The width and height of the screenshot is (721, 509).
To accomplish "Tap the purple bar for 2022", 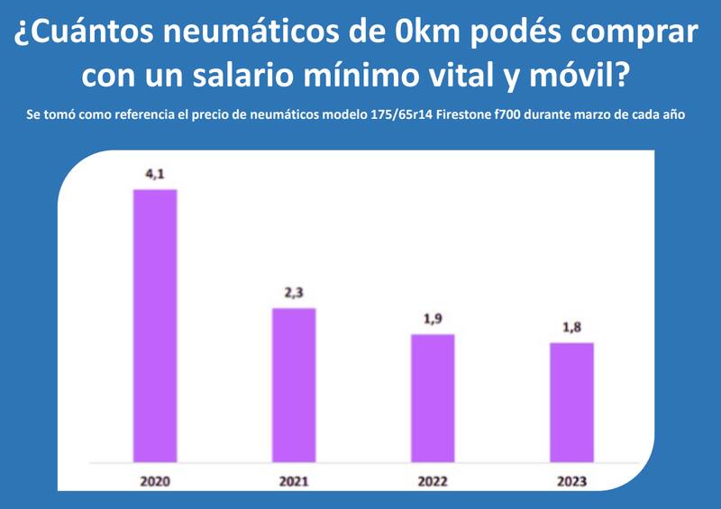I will [x=433, y=397].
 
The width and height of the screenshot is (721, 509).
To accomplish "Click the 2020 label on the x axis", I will [x=154, y=482].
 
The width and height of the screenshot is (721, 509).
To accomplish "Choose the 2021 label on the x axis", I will [x=294, y=482].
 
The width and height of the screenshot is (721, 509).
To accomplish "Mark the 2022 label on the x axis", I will [x=433, y=482].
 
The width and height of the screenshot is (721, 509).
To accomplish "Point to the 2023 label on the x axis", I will [x=572, y=482].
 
